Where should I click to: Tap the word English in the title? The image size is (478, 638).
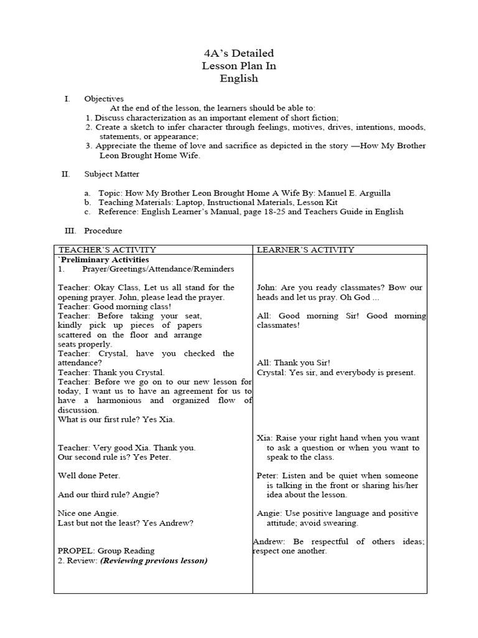[239, 79]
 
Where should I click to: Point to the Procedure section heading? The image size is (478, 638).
[103, 231]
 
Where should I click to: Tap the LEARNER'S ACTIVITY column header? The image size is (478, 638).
[306, 250]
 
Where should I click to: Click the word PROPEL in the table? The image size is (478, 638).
[75, 551]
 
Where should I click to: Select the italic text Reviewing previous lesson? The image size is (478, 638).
[154, 560]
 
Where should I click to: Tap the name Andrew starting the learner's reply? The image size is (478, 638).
[269, 541]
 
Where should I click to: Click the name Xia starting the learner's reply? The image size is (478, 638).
[264, 438]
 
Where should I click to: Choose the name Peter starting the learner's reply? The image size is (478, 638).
[267, 475]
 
